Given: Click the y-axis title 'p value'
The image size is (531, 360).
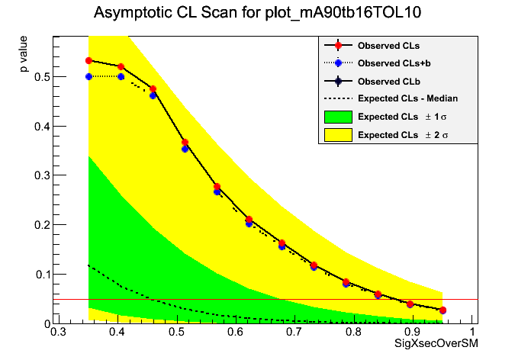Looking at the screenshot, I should coord(25,56).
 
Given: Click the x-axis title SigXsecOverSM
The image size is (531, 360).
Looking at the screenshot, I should coord(436,345).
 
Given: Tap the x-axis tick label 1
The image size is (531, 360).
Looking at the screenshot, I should coord(473,332).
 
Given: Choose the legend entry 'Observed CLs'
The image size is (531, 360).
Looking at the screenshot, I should coord(388,46).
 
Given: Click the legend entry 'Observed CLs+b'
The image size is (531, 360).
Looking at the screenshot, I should coord(393,63).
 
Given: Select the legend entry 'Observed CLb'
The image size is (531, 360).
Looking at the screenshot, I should coord(388,81).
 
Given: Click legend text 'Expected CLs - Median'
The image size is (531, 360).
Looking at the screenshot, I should coord(407,98).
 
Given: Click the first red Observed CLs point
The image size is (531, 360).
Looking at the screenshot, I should coord(89,60).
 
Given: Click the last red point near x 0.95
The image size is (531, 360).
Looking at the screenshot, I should coord(443,310).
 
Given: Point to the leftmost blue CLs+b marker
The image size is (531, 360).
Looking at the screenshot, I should coord(89,76).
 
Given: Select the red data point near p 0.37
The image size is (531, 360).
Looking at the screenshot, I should coord(185,142).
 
